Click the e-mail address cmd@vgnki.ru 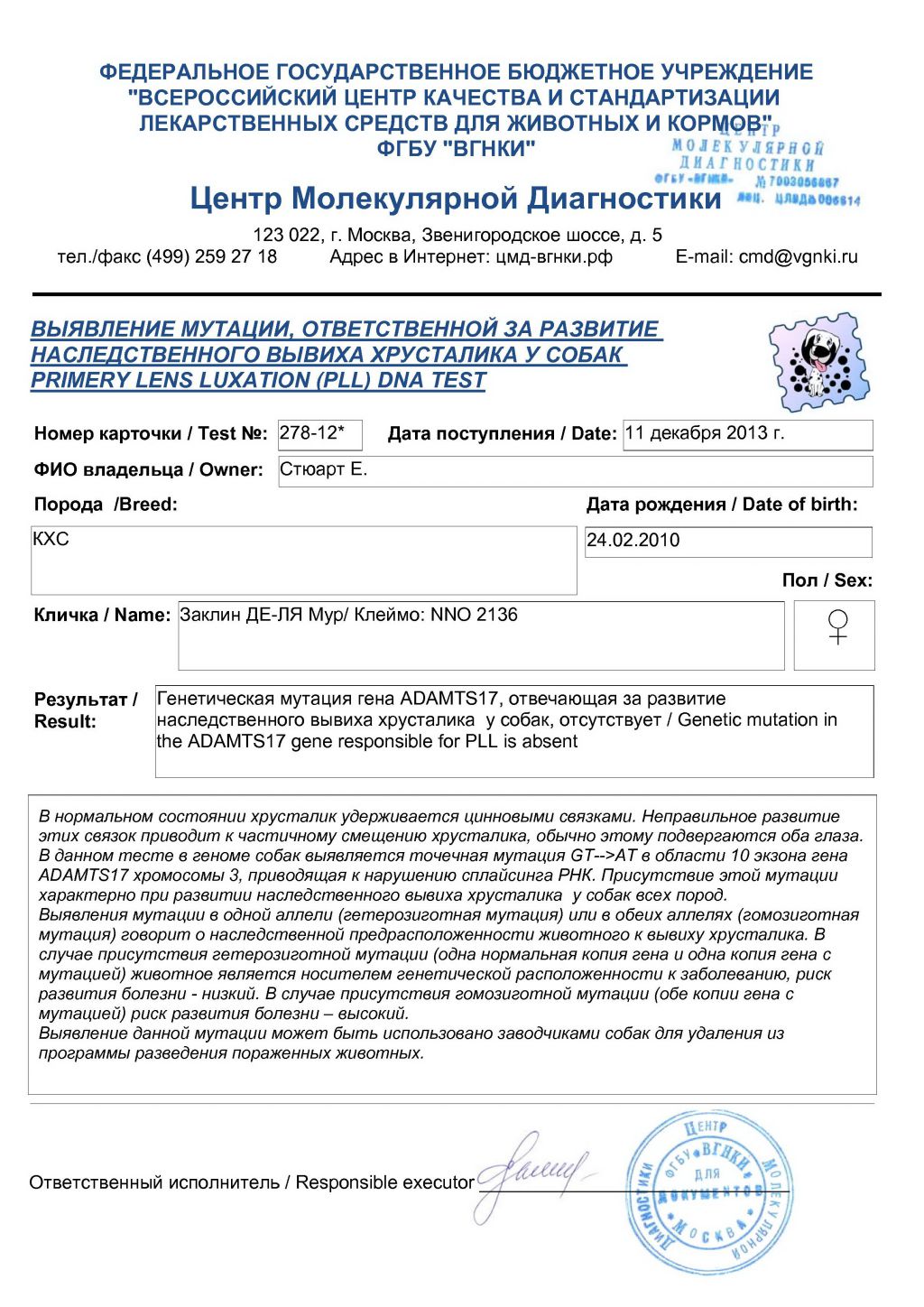coord(798,256)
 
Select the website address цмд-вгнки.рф coord(554,256)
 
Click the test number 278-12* coord(311,432)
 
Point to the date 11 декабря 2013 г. coord(705,432)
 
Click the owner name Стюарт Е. coord(324,469)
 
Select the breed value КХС coord(51,539)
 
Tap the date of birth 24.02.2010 coord(633,540)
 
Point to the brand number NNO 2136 coord(474,615)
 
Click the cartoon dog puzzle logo coord(818,362)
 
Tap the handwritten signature coord(532,1174)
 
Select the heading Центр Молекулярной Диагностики coord(456,198)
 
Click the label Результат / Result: coord(85,710)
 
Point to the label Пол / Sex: coord(827,580)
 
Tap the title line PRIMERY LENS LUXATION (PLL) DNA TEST coord(258,380)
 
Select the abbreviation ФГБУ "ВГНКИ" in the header coord(456,148)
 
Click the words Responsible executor coord(384,1182)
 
